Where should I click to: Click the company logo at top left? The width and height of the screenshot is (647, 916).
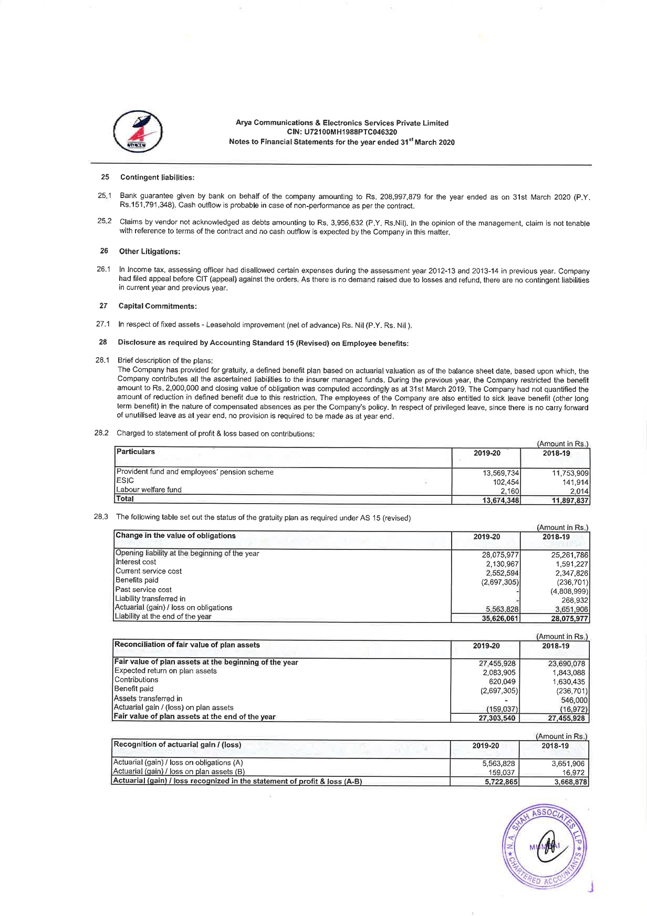[138, 132]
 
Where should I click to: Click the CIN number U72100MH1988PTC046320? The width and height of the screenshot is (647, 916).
[342, 132]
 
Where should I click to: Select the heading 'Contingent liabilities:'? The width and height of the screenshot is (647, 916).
[157, 178]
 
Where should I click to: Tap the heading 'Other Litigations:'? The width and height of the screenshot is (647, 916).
[150, 252]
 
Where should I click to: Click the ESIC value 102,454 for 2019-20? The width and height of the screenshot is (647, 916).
[506, 481]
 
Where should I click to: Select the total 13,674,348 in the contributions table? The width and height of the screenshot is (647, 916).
[501, 500]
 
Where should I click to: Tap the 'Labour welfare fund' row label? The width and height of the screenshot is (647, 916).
[149, 490]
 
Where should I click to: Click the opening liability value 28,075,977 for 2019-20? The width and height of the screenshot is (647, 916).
[500, 555]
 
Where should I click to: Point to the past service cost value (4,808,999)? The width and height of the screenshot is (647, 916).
[569, 591]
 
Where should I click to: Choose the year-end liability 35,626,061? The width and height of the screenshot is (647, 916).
[500, 619]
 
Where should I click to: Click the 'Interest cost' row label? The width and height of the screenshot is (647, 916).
[136, 562]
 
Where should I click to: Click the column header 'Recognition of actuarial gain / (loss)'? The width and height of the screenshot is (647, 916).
[178, 744]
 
